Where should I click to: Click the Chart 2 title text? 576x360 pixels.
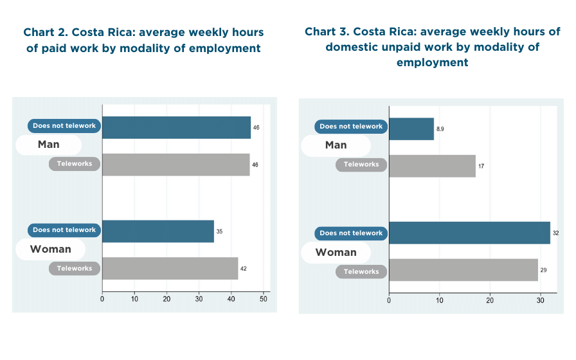coord(143,40)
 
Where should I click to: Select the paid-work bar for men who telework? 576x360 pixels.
coord(175,165)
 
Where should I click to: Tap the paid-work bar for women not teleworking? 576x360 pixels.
coord(158,231)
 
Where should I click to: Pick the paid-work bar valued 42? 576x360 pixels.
coord(170,268)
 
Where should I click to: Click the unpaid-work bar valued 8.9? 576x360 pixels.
coord(411,129)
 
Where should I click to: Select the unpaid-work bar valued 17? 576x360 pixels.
coord(432,166)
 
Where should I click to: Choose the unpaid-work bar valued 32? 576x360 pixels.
coord(469,233)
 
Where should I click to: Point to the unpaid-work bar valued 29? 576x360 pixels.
coord(463,270)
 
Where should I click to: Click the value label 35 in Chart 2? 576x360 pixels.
coord(219,231)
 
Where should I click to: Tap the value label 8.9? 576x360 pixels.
coord(440,129)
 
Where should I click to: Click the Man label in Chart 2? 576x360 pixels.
coord(49,145)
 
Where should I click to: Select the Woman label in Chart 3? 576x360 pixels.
coord(336,252)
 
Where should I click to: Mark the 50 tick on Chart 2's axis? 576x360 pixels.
coord(264,298)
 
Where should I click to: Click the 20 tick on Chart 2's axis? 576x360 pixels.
coord(166,298)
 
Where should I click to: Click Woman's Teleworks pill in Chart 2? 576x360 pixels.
coord(75,268)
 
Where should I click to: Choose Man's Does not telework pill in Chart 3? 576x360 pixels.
coord(351,127)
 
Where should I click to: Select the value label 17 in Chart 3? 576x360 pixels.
coord(481,166)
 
